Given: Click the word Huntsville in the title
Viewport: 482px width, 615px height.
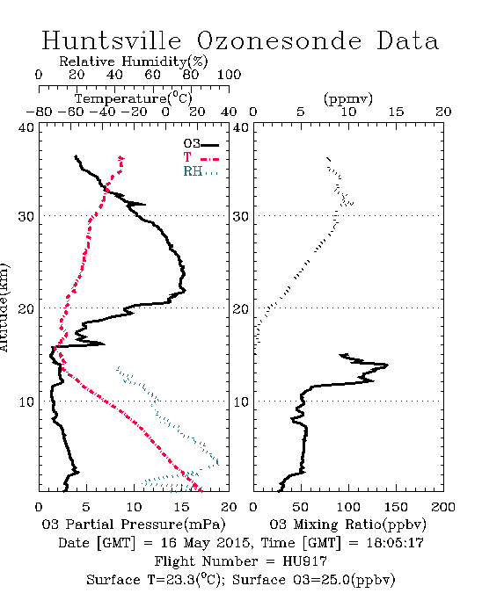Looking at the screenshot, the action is tap(112, 40).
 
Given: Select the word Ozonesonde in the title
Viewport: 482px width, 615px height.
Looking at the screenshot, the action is tap(279, 40).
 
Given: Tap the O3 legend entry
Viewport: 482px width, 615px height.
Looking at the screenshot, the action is tap(201, 144).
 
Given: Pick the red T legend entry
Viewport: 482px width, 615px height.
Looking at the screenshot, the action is tap(201, 157).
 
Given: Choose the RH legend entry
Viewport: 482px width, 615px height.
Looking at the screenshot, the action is tap(201, 171).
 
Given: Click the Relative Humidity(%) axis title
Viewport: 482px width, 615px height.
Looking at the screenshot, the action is tap(134, 61).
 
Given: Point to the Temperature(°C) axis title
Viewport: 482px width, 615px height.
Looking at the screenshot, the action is tap(134, 98).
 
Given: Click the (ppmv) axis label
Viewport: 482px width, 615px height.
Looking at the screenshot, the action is tap(348, 98).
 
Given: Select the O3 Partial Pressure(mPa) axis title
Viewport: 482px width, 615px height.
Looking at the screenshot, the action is tap(134, 525).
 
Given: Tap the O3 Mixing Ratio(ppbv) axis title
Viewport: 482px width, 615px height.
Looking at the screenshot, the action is tap(347, 525).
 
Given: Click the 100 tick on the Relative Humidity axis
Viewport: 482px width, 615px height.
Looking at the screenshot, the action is tap(229, 75).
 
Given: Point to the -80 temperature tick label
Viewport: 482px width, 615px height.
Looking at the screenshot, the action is tap(39, 112).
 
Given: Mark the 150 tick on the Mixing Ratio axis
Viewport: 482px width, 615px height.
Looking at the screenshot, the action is tap(396, 507).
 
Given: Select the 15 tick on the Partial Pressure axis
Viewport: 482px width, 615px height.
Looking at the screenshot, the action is tap(181, 507).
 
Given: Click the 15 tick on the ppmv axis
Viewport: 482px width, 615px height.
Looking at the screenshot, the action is tap(396, 112).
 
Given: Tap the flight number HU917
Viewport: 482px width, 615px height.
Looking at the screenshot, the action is tap(304, 561).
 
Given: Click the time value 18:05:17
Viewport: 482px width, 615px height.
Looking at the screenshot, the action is tap(395, 543).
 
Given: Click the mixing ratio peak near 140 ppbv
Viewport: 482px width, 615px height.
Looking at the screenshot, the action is tap(387, 365).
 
